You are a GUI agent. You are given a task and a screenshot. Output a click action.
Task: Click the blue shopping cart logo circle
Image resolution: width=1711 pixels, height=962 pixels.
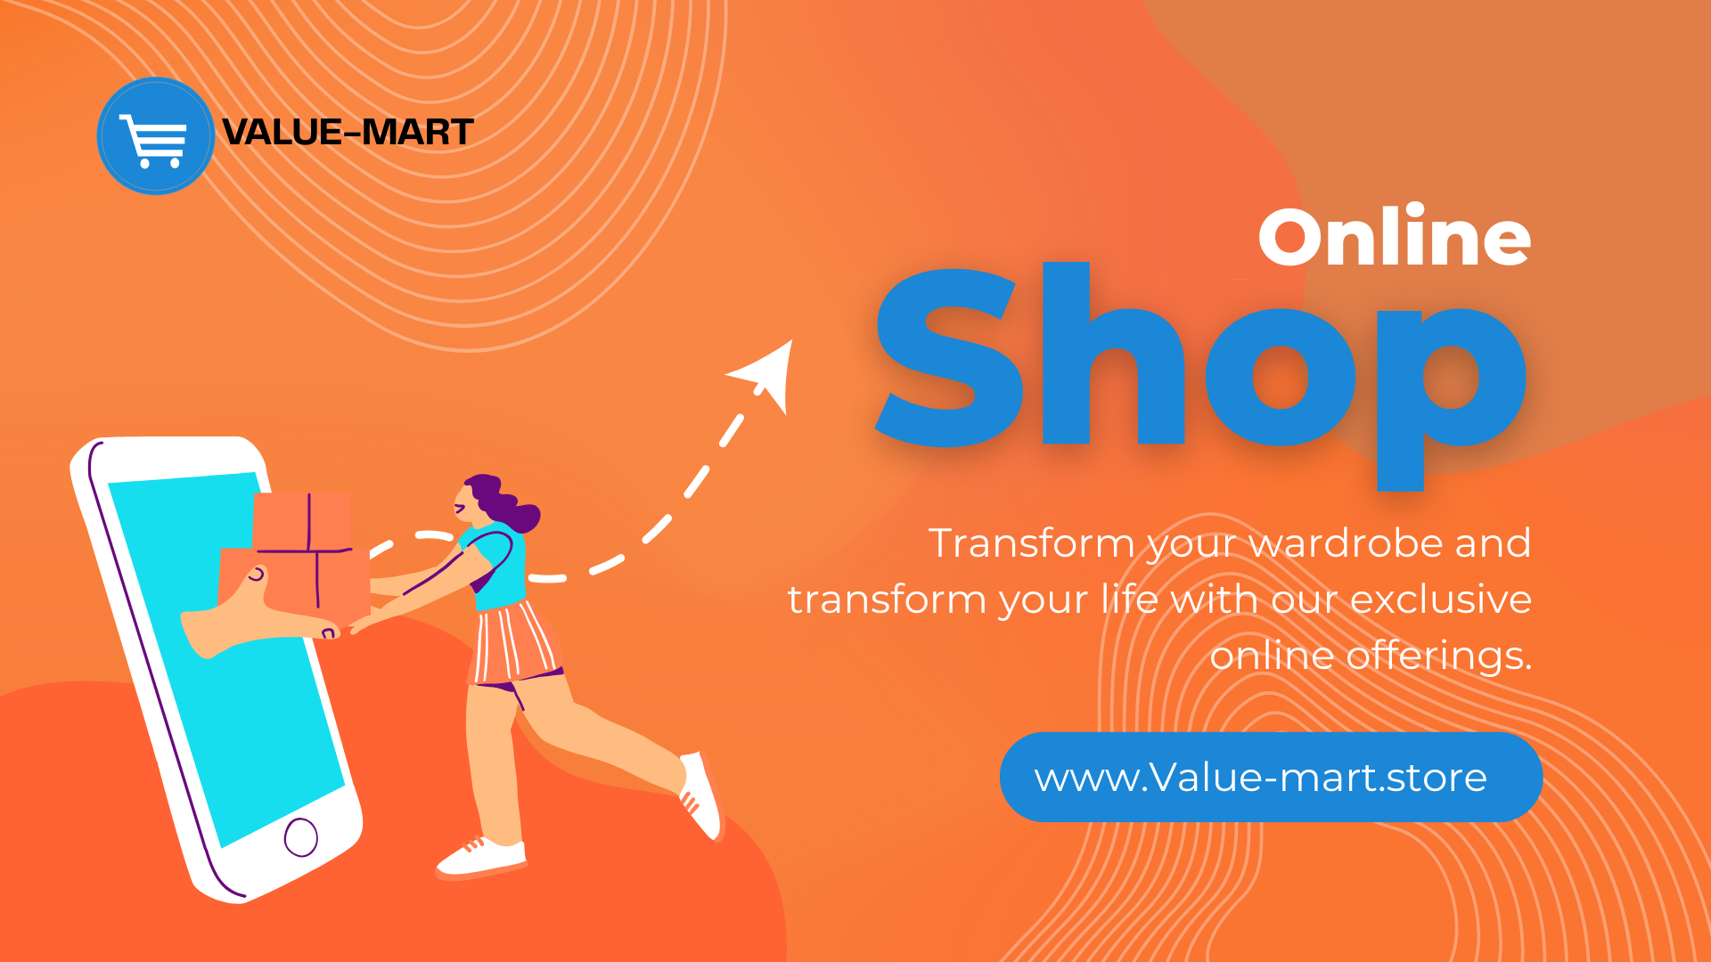[156, 136]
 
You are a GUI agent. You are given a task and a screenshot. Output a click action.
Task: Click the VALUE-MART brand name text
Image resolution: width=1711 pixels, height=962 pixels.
[348, 132]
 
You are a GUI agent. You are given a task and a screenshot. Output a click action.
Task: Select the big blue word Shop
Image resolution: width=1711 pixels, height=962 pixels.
[1200, 374]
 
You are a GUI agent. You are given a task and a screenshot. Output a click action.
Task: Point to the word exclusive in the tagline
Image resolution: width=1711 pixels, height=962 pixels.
[1441, 599]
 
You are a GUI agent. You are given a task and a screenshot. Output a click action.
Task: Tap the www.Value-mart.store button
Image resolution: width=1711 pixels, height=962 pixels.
[1271, 777]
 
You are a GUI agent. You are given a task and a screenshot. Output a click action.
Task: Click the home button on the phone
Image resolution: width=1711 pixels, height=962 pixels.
[300, 837]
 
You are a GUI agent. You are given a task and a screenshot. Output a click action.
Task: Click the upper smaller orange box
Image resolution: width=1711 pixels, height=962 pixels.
[302, 522]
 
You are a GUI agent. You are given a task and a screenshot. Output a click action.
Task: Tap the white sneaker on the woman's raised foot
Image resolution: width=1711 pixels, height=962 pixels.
[702, 795]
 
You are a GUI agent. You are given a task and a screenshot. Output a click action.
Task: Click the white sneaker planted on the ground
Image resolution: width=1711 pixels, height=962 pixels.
[481, 857]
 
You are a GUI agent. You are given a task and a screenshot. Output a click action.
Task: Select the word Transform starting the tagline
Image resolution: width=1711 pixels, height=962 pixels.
[1032, 543]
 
